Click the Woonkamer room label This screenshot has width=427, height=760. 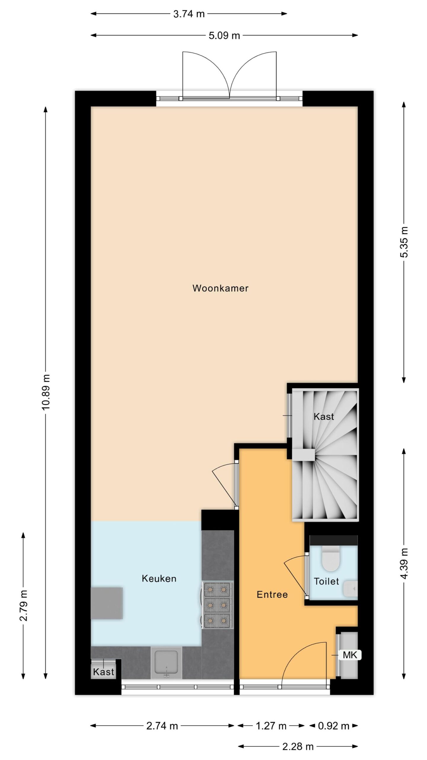point(220,288)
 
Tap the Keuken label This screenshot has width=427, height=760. point(159,578)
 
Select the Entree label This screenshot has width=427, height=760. point(272,595)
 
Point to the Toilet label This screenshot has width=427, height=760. point(326,581)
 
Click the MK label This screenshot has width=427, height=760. point(350,655)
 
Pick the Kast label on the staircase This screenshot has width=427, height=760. point(324,417)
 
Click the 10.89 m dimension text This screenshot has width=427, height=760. point(46,392)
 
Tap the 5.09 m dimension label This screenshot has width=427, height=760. point(224,36)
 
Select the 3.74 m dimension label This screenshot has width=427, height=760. point(189,14)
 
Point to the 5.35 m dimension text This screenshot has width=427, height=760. point(404,242)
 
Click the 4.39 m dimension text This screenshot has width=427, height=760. point(404,563)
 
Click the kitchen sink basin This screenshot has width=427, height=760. point(166,663)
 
